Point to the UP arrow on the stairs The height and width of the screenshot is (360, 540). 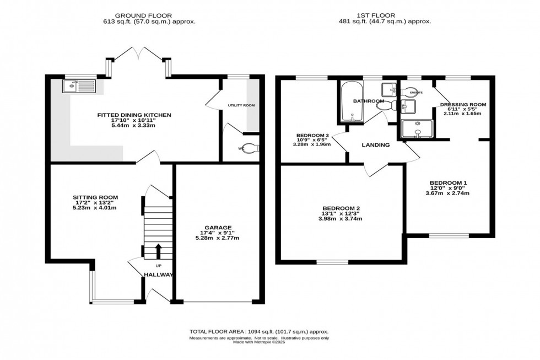click(159, 251)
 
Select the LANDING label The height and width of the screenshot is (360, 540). click(376, 145)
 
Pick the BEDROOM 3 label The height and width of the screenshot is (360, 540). click(312, 135)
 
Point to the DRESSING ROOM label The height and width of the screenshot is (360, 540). click(462, 104)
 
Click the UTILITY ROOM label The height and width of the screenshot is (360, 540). click(241, 105)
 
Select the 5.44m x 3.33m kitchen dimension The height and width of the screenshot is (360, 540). click(127, 126)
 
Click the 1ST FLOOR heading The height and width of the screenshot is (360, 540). click(385, 15)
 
